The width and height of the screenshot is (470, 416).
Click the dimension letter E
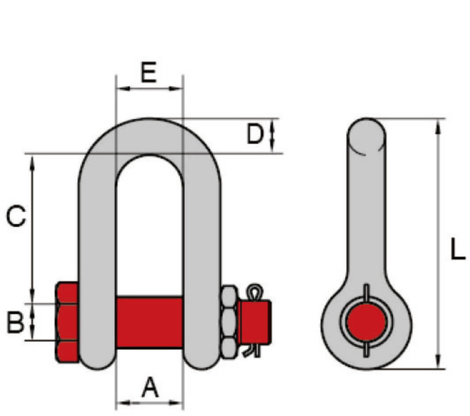tap(148, 73)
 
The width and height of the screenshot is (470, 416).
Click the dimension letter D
tap(254, 134)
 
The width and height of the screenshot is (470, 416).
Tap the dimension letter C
tap(15, 216)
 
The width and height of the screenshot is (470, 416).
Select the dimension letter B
tap(15, 321)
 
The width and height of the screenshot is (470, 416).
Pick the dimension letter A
tap(150, 387)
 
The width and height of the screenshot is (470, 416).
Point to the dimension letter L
tap(457, 251)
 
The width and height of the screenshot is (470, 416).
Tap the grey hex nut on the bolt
tap(229, 321)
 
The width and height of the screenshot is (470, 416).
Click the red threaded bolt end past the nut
tap(261, 321)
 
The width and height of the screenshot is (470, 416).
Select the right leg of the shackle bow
tap(201, 242)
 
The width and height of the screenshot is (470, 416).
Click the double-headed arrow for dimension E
tap(149, 89)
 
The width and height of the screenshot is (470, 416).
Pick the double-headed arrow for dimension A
tap(149, 402)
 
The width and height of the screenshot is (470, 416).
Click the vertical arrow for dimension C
tap(32, 227)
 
